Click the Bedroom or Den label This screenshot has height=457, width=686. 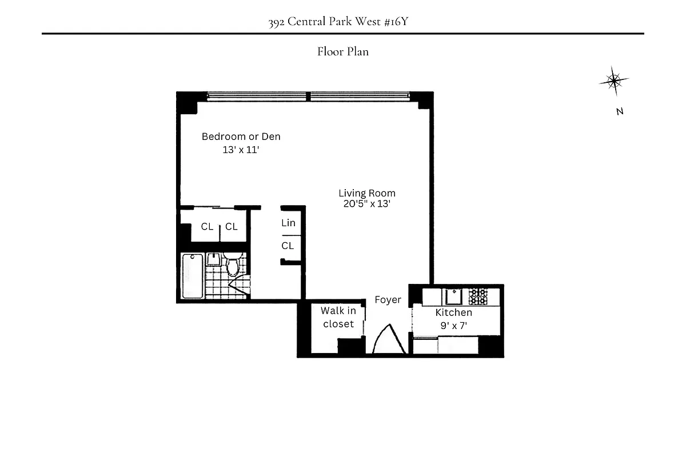coord(241,137)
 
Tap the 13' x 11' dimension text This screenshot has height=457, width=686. coord(241,150)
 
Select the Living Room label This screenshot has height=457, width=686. coord(366,193)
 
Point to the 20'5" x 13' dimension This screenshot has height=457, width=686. coord(366,203)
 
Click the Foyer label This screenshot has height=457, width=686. coord(388,300)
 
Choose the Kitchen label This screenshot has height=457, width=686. coord(453,312)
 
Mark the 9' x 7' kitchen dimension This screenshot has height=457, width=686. coord(453,326)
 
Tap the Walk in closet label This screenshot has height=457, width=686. coord(338,317)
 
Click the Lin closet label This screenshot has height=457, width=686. coord(288,223)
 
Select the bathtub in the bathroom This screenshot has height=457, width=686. coord(192,276)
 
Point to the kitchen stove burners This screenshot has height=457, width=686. coord(478,296)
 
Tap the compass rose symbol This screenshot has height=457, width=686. coord(614,81)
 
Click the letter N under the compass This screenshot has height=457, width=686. coord(619,112)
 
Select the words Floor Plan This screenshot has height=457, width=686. coord(343,52)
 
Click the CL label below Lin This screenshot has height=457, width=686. coord(288,246)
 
